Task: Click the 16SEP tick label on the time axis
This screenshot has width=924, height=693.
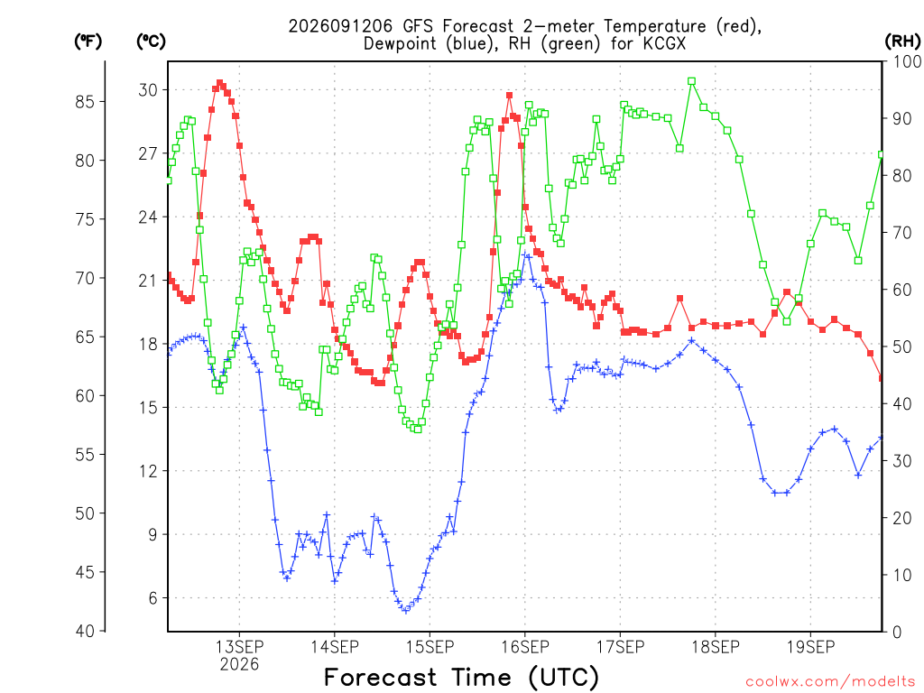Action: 525,647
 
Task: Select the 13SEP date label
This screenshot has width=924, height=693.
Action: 239,647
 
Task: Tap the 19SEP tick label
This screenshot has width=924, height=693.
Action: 811,647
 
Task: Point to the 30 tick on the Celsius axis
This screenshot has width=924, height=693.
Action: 148,90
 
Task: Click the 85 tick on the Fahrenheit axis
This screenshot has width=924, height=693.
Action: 85,101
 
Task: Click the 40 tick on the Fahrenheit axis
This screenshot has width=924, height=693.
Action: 85,631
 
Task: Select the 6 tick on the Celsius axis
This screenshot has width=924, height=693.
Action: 152,598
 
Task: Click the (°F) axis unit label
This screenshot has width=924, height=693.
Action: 88,42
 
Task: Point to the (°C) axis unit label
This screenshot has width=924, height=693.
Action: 151,42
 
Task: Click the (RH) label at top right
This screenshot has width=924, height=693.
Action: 902,42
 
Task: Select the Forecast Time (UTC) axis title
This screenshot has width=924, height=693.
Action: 461,677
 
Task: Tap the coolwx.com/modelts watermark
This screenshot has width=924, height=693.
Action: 830,682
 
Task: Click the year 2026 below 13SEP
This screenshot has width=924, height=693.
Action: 239,665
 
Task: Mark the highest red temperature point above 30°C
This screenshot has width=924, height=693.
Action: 220,83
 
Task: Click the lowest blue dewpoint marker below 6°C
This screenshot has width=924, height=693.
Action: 405,610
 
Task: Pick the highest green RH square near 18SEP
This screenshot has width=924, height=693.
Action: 692,81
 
